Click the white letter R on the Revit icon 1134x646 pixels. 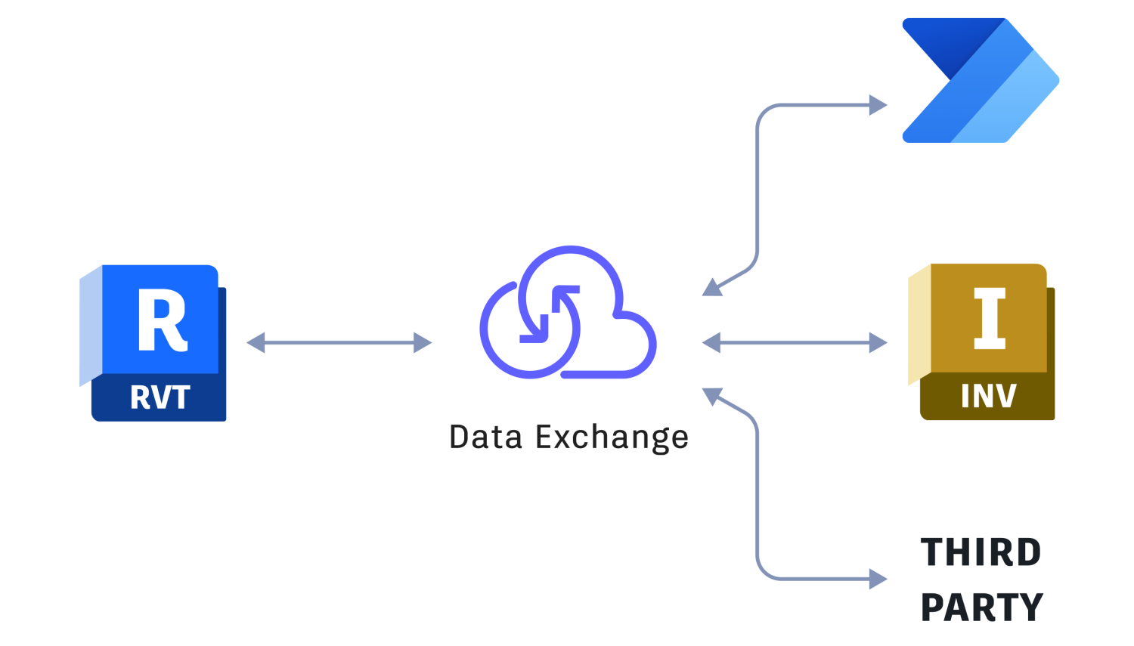162,319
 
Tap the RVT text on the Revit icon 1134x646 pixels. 160,397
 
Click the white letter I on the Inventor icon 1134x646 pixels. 990,318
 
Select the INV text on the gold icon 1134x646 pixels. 989,396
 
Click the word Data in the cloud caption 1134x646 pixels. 485,437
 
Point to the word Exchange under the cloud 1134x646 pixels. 612,438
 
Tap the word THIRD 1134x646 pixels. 981,552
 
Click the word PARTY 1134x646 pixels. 981,607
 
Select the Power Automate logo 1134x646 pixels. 981,80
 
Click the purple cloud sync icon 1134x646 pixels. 568,312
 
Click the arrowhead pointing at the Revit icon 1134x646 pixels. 256,342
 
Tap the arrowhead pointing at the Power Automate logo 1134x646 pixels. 878,105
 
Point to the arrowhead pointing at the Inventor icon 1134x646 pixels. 878,342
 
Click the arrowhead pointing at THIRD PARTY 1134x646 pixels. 878,580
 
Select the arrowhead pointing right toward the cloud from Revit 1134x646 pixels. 423,342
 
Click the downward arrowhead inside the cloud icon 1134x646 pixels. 535,330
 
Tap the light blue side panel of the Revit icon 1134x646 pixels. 91,326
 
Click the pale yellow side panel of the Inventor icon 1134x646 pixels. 919,325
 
